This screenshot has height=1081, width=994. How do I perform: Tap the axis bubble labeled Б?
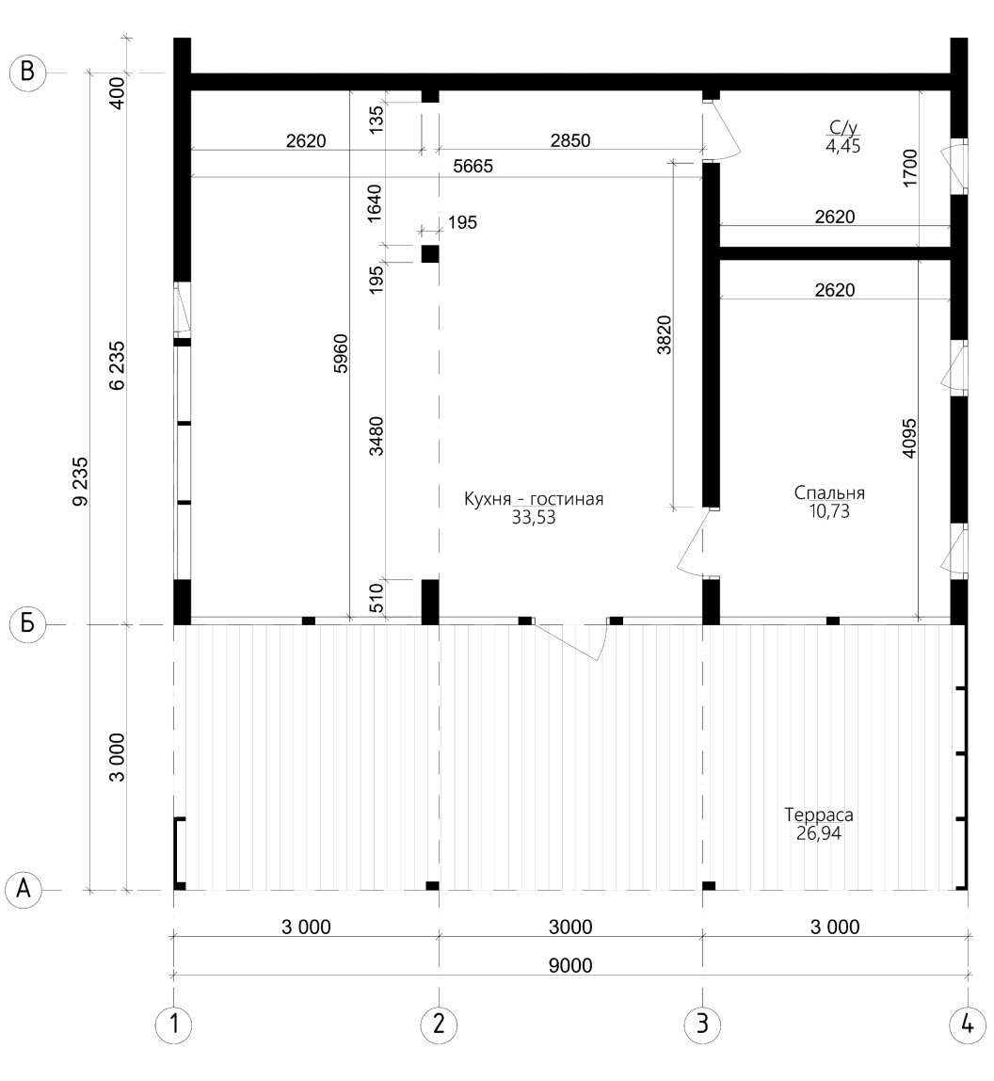[x=27, y=624]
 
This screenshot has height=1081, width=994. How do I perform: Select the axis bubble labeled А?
[x=24, y=890]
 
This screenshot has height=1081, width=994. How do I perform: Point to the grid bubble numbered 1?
[x=174, y=1025]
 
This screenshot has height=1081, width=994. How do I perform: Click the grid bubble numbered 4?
[x=967, y=1025]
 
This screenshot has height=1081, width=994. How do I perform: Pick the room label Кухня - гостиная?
[x=534, y=499]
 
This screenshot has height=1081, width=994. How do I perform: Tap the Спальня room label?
[x=829, y=492]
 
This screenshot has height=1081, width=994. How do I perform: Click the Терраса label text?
[x=819, y=815]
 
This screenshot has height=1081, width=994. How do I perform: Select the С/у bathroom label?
[x=843, y=127]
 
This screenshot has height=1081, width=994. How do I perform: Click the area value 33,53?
[x=534, y=518]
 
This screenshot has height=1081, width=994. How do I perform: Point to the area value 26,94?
[x=819, y=833]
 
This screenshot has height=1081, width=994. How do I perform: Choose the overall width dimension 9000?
[x=570, y=965]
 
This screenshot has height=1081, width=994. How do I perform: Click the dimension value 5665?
[x=473, y=166]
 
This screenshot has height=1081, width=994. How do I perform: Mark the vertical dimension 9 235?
[x=81, y=481]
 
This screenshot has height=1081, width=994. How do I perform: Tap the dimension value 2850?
[x=570, y=140]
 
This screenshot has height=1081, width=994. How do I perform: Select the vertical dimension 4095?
[x=909, y=438]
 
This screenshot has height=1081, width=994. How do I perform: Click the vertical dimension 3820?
[x=664, y=335]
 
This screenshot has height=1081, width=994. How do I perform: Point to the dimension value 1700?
[x=910, y=168]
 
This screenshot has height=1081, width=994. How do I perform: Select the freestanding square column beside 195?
[x=430, y=253]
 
